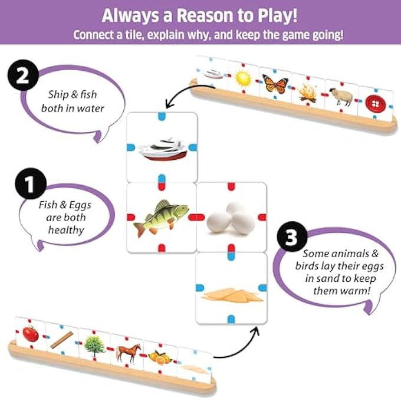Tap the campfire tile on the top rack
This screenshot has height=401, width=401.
pos(308,91)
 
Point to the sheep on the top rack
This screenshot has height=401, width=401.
pos(341,97)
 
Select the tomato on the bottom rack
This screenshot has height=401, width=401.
pos(31,334)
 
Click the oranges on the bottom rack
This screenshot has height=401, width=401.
pos(160,357)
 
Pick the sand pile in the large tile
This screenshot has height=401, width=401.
pos(231,293)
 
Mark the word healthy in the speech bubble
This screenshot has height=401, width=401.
pos(67,230)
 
